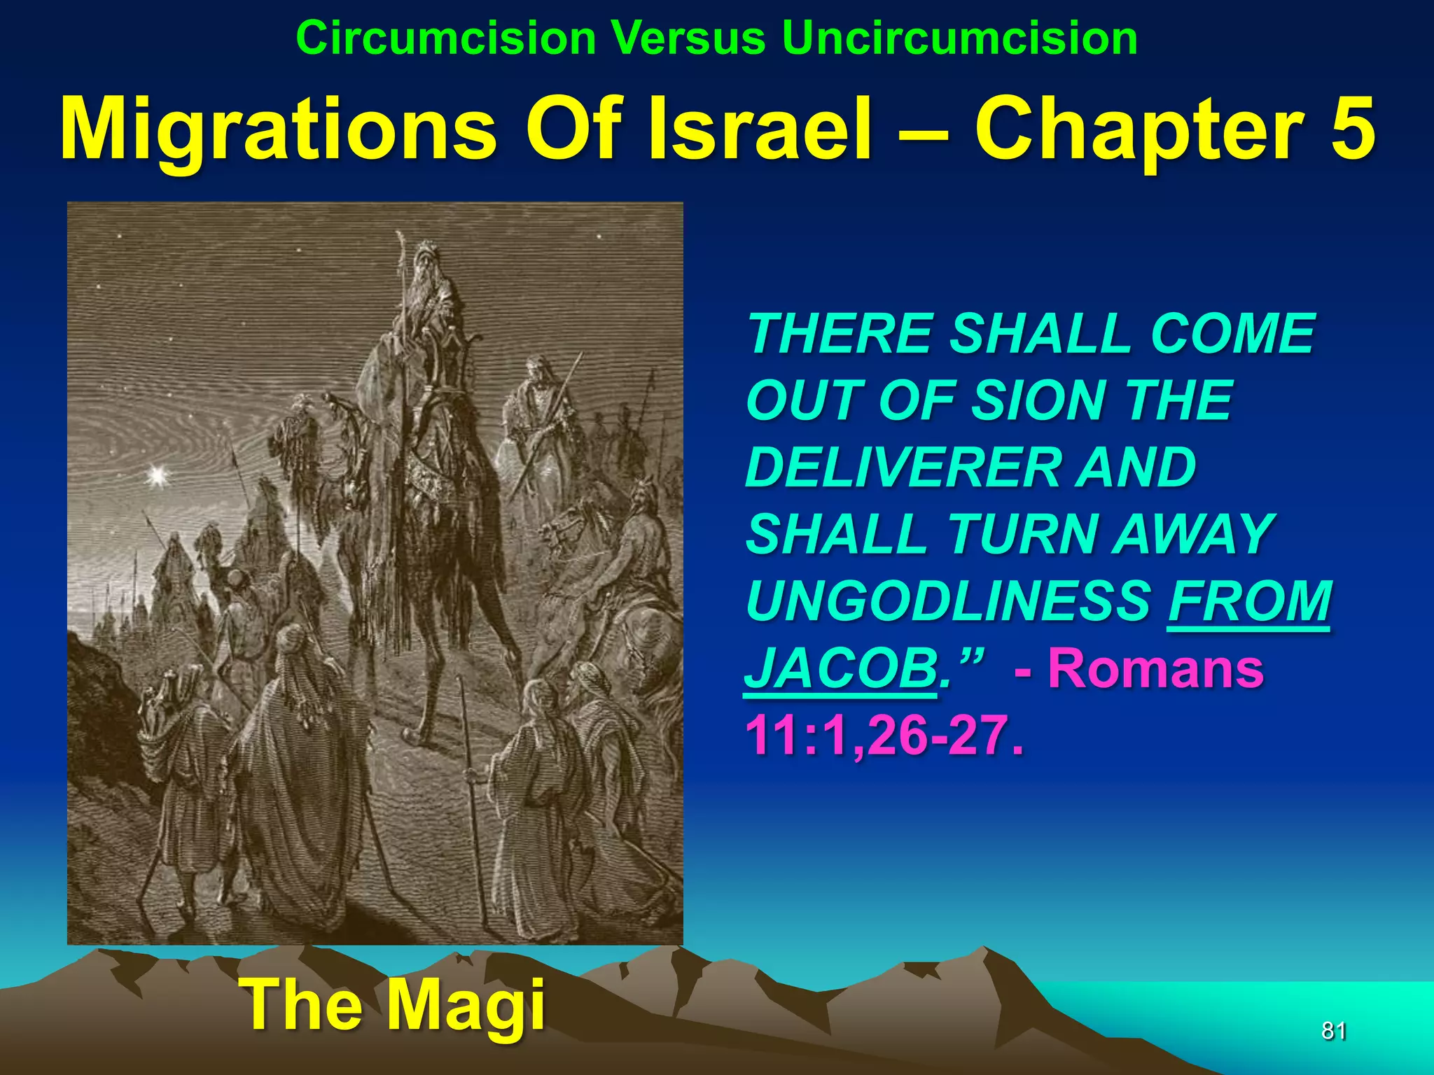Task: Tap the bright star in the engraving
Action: pos(157,476)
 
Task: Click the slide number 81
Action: pos(1333,1031)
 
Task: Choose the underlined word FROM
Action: pos(1249,601)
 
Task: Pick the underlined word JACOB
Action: pos(840,668)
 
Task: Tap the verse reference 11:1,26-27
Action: pos(884,735)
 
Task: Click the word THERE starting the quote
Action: pos(840,334)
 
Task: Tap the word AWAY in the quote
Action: pos(1195,534)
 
